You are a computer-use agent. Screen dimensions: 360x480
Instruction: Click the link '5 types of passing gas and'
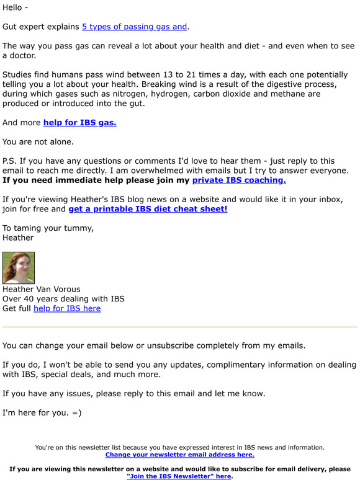(x=134, y=27)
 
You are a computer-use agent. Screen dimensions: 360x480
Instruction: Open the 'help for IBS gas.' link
(x=79, y=122)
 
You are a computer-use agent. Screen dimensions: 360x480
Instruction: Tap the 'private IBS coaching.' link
(x=239, y=180)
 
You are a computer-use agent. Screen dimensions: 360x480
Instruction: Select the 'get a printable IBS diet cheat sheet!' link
(x=148, y=209)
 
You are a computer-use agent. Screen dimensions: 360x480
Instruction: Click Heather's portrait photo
(x=19, y=268)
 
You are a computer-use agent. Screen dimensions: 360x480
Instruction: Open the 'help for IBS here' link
(x=67, y=308)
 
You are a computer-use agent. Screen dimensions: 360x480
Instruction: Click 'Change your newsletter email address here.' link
(x=180, y=455)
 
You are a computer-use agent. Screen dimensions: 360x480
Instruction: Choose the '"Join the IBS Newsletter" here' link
(x=179, y=476)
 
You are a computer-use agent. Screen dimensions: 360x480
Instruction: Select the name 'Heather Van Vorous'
(x=42, y=289)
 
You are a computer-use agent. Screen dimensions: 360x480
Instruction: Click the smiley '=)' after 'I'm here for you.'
(x=76, y=413)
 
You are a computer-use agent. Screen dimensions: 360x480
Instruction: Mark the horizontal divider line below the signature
(x=180, y=327)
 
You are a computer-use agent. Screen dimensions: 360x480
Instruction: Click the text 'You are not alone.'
(x=38, y=141)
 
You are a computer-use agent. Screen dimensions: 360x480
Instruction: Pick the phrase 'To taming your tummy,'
(x=48, y=228)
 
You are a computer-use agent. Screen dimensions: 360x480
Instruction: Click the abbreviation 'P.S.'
(x=9, y=161)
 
